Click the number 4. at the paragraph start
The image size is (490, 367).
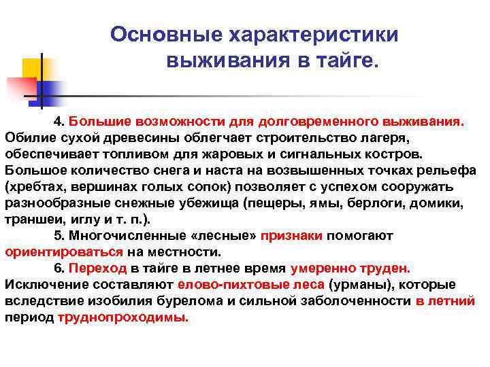(x=59, y=121)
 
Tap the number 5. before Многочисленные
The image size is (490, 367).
(x=59, y=235)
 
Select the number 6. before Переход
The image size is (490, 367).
(x=59, y=268)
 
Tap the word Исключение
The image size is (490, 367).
(x=41, y=284)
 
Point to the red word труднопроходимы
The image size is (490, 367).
(x=122, y=317)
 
